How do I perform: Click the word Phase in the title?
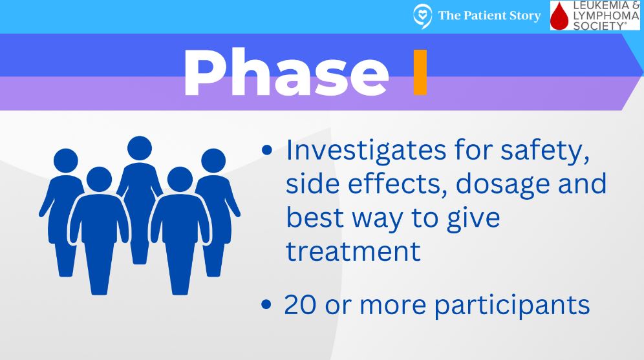click(x=286, y=72)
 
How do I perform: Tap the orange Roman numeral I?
click(x=420, y=72)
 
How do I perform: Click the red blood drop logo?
click(x=559, y=16)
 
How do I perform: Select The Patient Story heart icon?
click(x=422, y=16)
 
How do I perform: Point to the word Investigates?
click(x=367, y=150)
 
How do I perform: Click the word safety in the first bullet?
click(x=545, y=151)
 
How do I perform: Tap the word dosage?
click(x=502, y=184)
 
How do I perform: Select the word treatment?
click(x=353, y=251)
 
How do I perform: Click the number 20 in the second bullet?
click(x=300, y=305)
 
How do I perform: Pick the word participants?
click(x=511, y=306)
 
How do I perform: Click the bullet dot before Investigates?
click(x=266, y=150)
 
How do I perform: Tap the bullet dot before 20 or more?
click(x=266, y=304)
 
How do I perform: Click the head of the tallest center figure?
click(x=140, y=148)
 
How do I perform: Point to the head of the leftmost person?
click(x=66, y=160)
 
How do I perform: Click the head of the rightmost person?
click(x=213, y=160)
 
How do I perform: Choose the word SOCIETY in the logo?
click(x=599, y=26)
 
